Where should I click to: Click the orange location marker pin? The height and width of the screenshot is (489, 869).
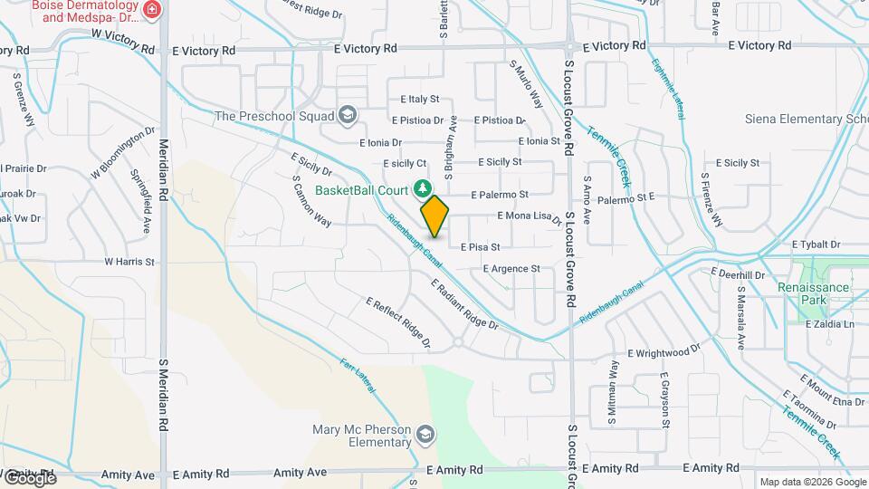tap(434, 216)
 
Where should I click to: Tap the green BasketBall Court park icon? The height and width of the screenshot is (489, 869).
tap(421, 188)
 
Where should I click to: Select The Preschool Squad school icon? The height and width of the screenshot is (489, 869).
tap(348, 115)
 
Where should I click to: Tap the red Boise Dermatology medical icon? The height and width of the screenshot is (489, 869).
tap(153, 10)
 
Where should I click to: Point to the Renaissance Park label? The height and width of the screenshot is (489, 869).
tap(813, 293)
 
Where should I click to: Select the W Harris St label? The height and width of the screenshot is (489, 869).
tap(129, 262)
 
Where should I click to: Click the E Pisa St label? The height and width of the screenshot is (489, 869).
tap(480, 246)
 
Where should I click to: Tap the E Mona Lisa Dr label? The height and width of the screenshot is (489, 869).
tap(530, 216)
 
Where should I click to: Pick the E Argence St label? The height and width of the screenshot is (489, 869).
tap(511, 269)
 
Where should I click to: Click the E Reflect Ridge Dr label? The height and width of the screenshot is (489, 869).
tap(397, 321)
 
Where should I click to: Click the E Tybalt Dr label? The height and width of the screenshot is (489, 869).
tap(816, 244)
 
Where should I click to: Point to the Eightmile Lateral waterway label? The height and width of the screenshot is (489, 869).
tap(666, 91)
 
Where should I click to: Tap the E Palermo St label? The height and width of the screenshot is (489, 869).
tap(500, 195)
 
